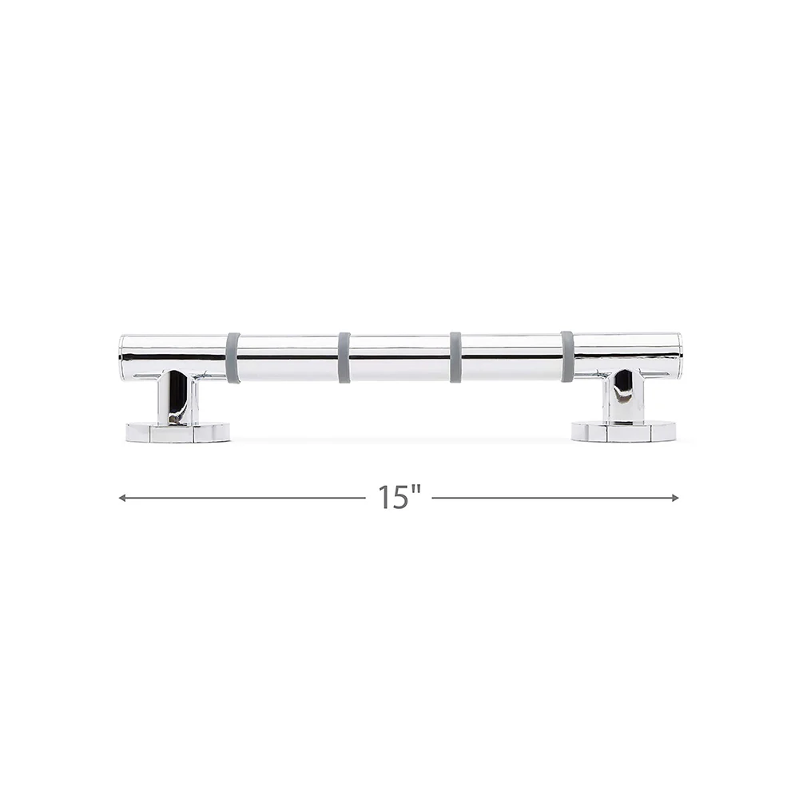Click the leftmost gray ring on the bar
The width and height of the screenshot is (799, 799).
(x=233, y=357)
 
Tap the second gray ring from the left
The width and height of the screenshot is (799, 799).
(x=344, y=357)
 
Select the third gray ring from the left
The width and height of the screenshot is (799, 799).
(x=455, y=357)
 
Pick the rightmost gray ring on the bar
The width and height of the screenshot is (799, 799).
(x=567, y=356)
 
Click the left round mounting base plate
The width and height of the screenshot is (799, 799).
(x=178, y=432)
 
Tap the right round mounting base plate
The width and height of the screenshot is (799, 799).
(x=623, y=431)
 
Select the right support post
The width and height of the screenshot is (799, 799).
(x=623, y=396)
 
